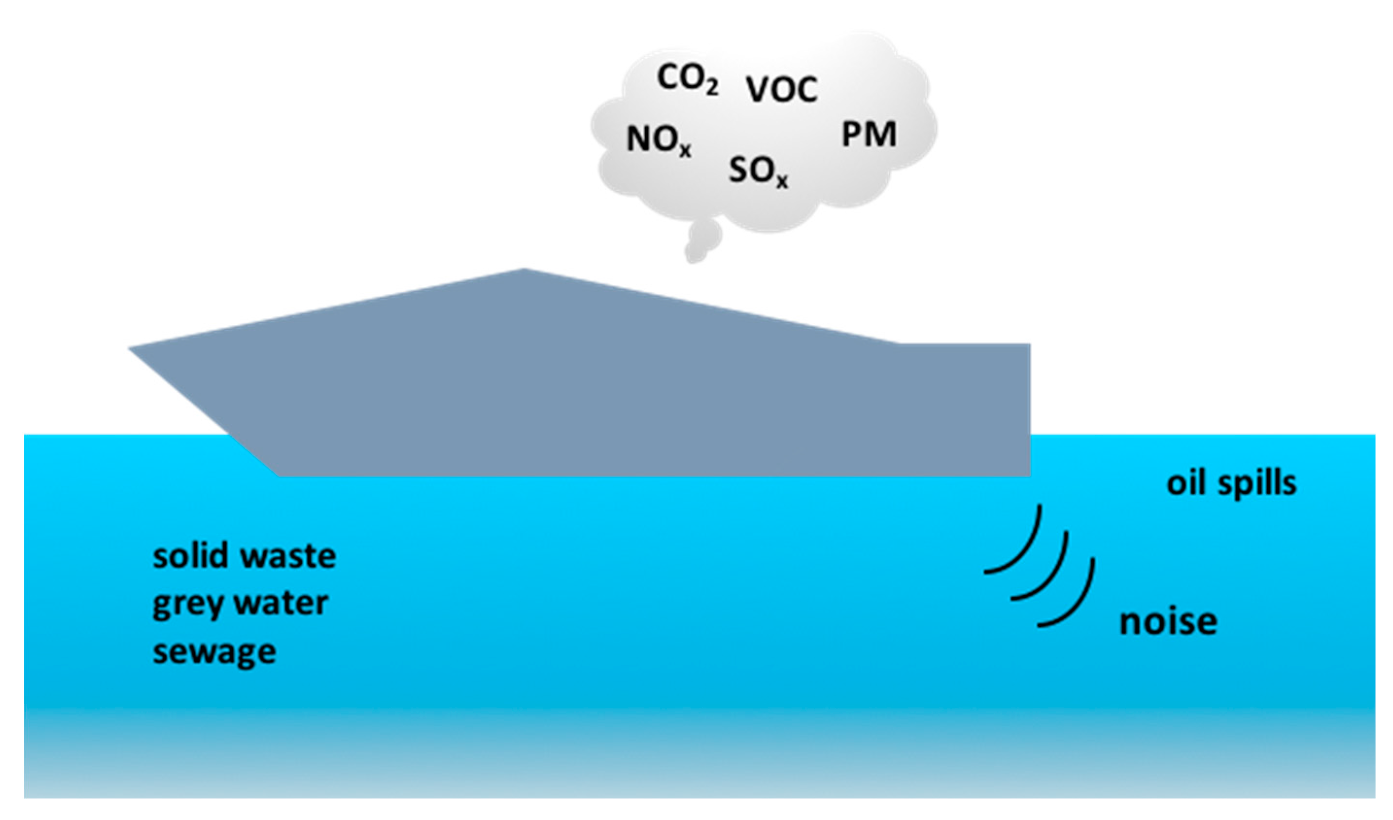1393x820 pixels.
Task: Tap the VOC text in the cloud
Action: [781, 89]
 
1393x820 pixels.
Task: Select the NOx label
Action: [658, 140]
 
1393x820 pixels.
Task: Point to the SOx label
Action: [757, 171]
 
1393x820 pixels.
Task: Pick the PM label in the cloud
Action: [868, 134]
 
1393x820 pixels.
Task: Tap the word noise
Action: [1168, 622]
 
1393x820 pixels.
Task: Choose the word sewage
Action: [214, 653]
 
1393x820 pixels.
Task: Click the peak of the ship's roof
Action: [524, 270]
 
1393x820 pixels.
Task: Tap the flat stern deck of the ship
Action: [965, 345]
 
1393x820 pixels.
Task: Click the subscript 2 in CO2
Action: [711, 89]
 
